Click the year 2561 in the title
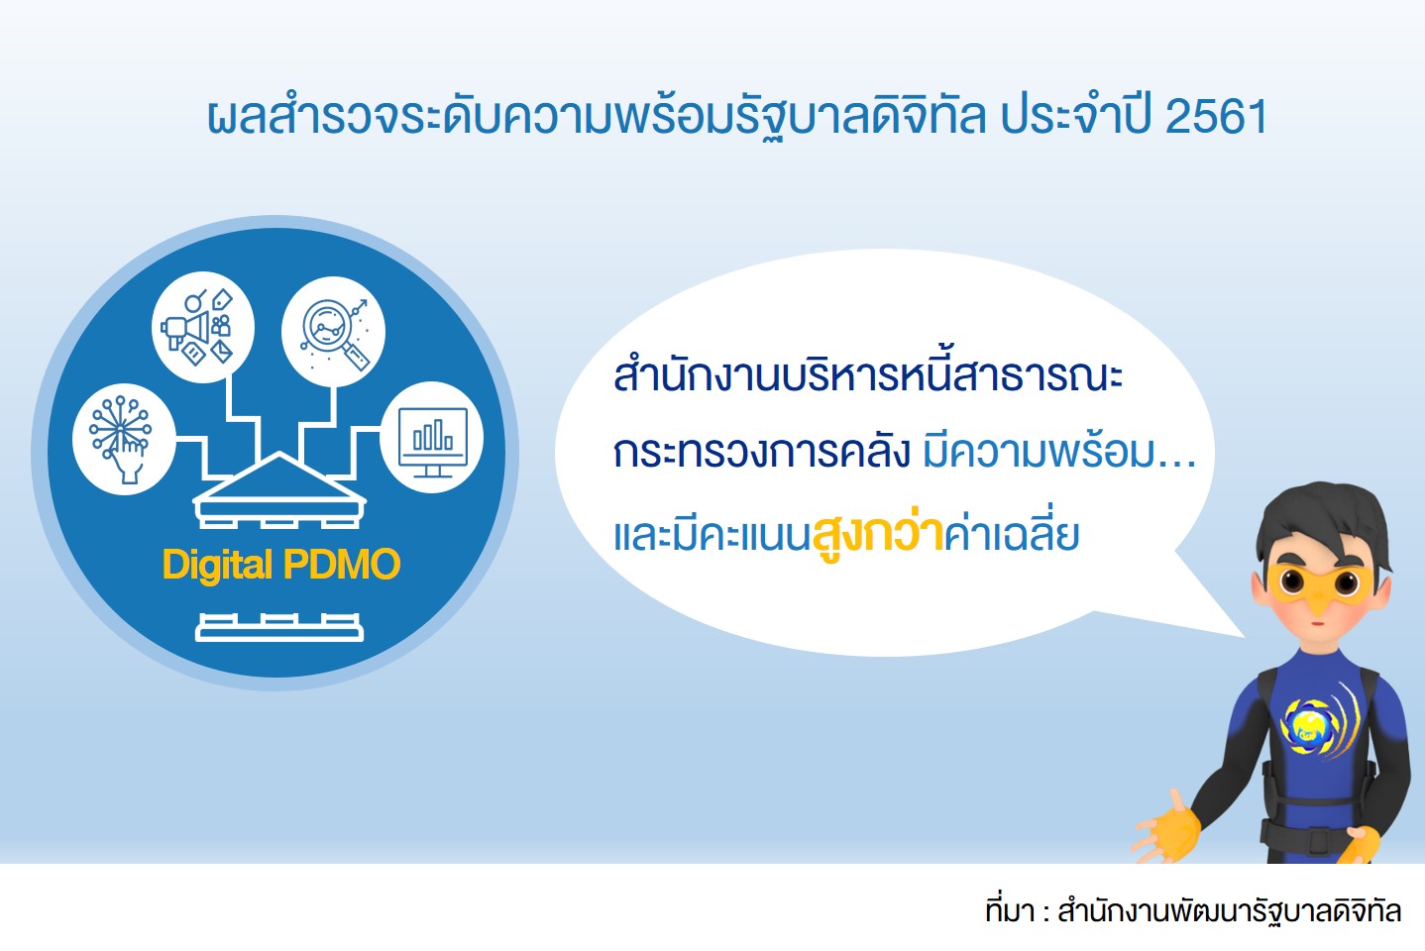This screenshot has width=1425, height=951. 1216,117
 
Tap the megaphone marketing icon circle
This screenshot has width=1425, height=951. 203,327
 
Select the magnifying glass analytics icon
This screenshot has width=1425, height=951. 333,331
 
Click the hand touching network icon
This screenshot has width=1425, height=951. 124,439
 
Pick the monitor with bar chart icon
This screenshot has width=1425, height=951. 432,437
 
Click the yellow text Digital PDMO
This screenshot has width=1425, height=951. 281,565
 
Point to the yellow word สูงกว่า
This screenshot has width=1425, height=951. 878,534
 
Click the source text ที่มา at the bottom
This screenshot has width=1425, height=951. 1010,910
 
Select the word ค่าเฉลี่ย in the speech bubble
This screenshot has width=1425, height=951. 1012,534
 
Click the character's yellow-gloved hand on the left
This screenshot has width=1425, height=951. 1166,826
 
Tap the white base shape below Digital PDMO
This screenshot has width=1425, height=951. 279,627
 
